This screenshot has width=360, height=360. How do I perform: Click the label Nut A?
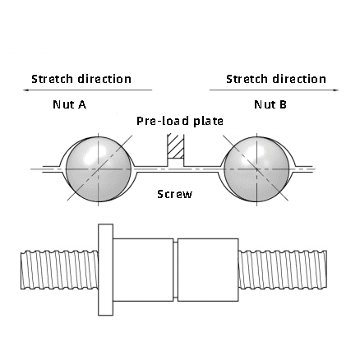click(x=70, y=104)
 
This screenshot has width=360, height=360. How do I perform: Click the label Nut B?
click(x=270, y=104)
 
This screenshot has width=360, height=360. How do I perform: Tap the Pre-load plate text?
click(x=180, y=121)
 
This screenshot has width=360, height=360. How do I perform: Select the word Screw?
click(x=175, y=194)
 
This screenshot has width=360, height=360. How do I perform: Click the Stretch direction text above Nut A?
click(x=81, y=79)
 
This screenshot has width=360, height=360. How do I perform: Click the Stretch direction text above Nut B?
click(x=276, y=79)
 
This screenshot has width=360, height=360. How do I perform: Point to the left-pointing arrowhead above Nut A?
click(x=25, y=90)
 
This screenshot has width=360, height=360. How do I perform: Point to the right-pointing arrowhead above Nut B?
click(x=336, y=90)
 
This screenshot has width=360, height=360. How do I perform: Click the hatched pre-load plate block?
click(x=176, y=145)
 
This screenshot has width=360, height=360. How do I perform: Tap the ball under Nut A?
click(x=99, y=169)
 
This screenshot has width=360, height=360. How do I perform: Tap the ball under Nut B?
click(x=256, y=169)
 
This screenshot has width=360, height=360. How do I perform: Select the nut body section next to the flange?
click(x=143, y=270)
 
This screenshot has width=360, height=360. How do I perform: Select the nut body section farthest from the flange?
click(x=208, y=270)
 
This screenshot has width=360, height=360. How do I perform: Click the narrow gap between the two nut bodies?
click(x=176, y=270)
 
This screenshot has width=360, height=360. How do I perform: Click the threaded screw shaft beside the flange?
click(x=59, y=270)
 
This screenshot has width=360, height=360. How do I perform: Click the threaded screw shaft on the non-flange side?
click(x=283, y=270)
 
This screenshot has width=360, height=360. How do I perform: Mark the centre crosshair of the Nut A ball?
click(x=99, y=169)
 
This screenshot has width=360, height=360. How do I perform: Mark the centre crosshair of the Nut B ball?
click(x=256, y=169)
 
